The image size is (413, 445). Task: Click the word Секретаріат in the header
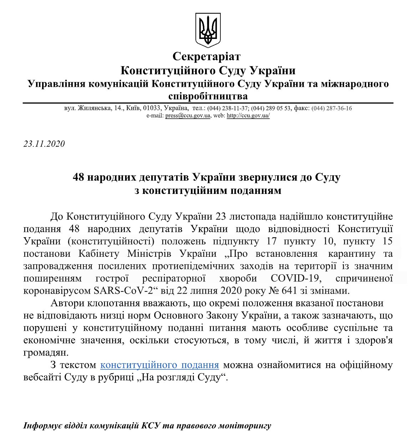tap(206, 56)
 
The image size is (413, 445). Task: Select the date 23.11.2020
tap(44, 144)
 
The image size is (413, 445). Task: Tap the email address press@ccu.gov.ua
tap(188, 116)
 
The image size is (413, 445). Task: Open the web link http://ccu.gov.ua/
tap(248, 116)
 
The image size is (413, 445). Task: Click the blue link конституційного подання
tap(159, 365)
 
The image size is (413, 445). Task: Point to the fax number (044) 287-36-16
tap(332, 108)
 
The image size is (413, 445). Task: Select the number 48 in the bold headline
tap(78, 177)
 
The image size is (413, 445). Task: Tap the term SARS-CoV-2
tap(124, 291)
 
